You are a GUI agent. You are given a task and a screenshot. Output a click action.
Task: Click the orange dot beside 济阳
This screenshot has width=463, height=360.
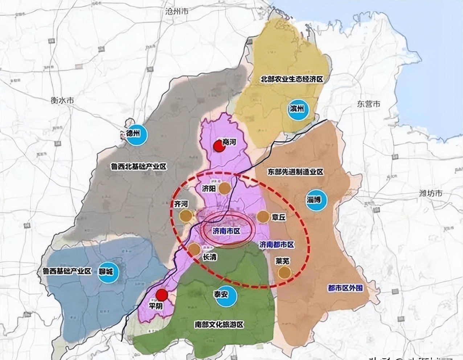225,188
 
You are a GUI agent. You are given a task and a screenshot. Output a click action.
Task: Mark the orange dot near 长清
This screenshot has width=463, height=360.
194,249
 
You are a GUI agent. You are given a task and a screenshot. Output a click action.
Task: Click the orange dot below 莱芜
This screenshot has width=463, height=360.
284,273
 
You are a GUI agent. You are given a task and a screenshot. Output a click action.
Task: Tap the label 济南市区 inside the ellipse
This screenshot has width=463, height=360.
227,231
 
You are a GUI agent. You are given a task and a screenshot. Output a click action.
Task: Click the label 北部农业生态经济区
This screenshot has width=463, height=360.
292,79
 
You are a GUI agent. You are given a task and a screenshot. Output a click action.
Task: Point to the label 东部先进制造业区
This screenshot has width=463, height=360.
295,172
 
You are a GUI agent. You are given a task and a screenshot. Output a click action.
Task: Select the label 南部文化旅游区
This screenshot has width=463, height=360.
219,324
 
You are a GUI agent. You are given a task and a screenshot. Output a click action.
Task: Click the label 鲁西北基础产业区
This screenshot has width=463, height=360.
139,167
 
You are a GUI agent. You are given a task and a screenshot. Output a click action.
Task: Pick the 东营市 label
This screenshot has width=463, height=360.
368,104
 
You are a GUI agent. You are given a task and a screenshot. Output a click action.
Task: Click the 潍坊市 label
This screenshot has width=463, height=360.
431,193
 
